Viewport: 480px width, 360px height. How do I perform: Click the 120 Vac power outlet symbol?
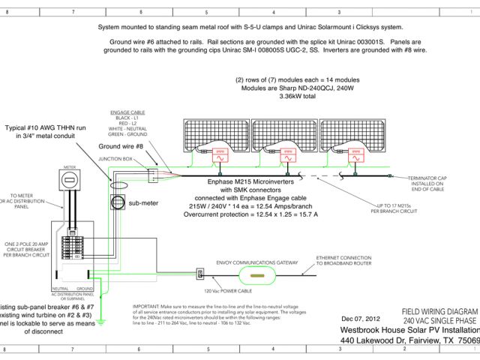(199, 272)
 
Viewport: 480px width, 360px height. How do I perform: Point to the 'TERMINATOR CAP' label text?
(427, 177)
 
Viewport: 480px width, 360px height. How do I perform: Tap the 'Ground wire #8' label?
(123, 147)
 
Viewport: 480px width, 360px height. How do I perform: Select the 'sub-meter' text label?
(144, 202)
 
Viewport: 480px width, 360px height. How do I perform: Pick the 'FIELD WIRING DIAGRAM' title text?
(439, 310)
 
